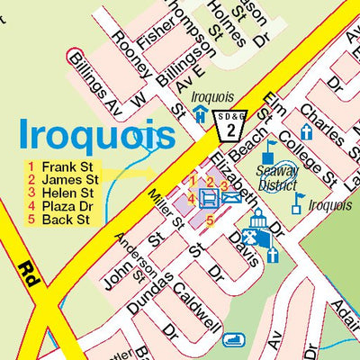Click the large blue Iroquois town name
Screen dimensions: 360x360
[96, 136]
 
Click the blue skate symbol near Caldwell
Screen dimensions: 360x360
[235, 341]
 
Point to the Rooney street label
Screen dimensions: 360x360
[128, 60]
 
